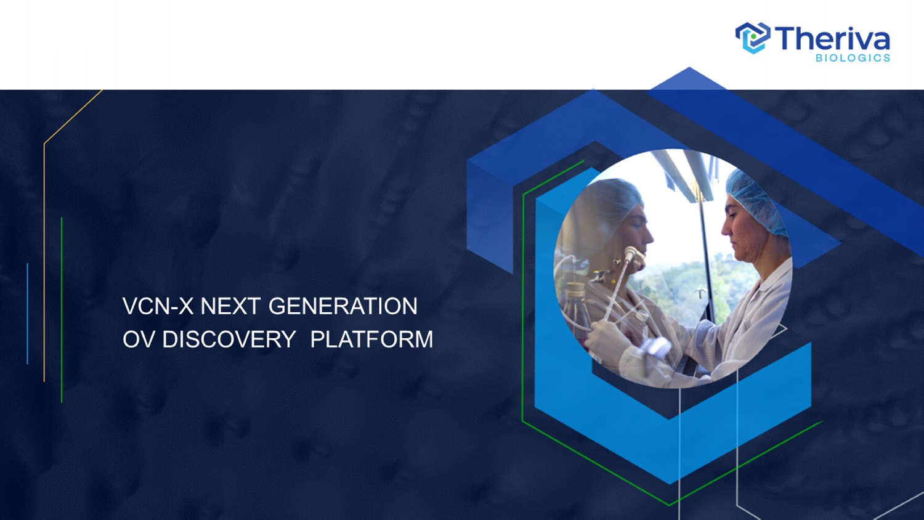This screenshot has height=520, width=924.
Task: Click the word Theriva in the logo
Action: point(832,38)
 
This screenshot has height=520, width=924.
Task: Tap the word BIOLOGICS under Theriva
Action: point(853,58)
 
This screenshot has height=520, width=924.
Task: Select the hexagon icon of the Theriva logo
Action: point(753,38)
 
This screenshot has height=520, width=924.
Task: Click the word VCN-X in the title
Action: point(158,306)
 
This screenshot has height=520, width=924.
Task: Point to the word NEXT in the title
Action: point(230,306)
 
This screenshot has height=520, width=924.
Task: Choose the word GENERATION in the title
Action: point(342,306)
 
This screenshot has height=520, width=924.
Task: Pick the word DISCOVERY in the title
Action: point(229,339)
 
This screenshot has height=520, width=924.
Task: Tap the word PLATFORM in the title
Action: point(371,339)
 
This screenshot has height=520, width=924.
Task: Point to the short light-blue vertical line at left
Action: point(27,314)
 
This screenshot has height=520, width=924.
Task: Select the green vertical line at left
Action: point(62,309)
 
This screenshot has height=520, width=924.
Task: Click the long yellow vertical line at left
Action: point(44,262)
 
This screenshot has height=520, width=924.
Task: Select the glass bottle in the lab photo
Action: point(575,309)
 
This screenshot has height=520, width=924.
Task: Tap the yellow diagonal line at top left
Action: point(73,116)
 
